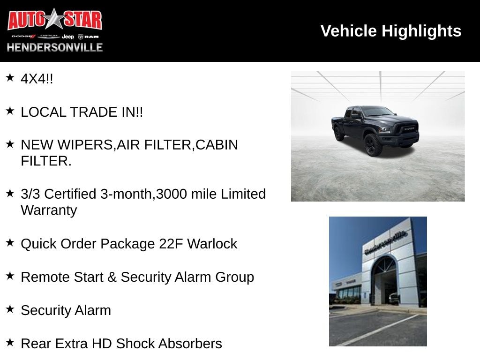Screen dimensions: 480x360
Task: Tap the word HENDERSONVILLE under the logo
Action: [55, 47]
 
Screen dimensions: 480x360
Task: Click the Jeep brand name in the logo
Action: [67, 37]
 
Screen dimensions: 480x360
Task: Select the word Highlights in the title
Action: [421, 31]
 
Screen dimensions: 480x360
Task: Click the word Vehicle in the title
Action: [349, 31]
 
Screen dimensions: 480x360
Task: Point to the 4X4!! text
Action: [37, 79]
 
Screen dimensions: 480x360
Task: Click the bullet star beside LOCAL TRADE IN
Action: [10, 111]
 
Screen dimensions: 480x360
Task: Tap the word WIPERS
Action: [85, 145]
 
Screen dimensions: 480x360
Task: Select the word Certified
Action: [70, 194]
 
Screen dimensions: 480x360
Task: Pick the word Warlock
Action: [212, 244]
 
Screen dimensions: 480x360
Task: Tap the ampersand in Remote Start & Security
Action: [112, 277]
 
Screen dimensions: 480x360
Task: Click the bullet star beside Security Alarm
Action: [10, 309]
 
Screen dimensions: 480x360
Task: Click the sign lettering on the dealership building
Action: [385, 242]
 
